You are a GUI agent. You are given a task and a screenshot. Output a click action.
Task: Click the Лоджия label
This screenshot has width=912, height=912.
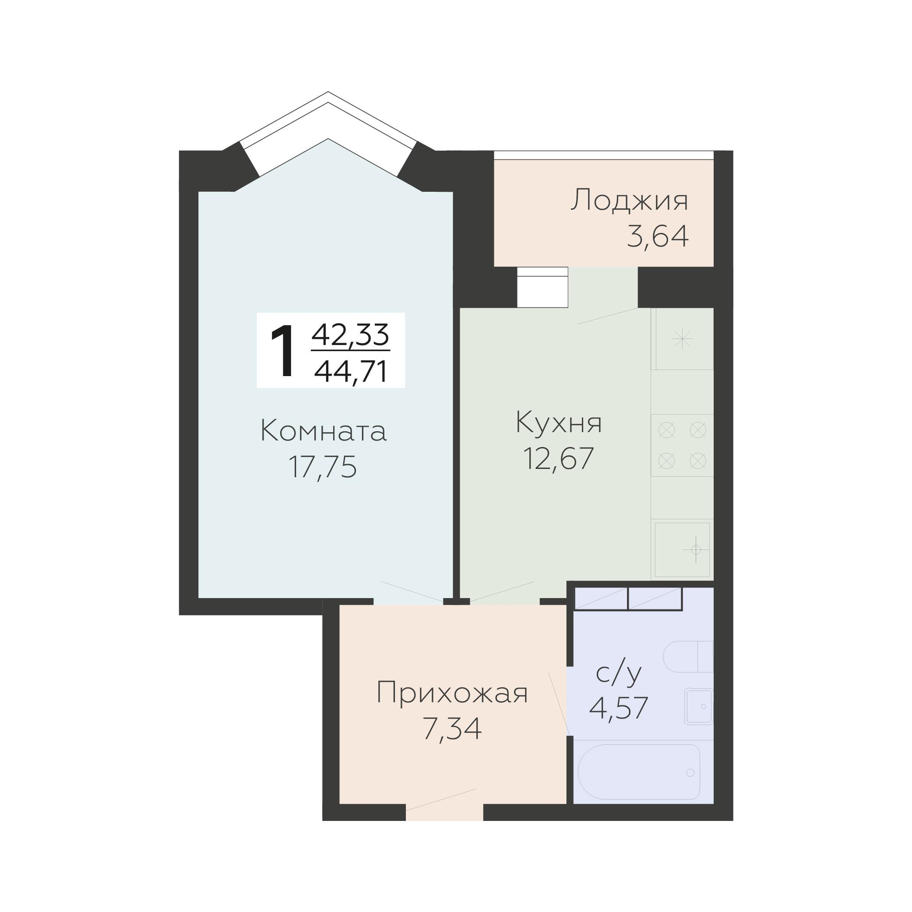(x=629, y=201)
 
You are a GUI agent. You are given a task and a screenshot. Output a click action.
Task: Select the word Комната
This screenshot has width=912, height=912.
(x=324, y=431)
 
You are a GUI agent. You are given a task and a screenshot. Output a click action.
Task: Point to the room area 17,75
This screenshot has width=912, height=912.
(x=322, y=467)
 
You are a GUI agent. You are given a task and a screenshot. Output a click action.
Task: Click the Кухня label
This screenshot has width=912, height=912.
(x=559, y=422)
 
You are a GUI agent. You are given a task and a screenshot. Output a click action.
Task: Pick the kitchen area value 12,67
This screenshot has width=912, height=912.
(x=558, y=458)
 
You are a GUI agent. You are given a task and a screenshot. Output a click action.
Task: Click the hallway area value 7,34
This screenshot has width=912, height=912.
(x=452, y=729)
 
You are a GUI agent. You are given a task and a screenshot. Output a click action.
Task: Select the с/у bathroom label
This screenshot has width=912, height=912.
(x=619, y=674)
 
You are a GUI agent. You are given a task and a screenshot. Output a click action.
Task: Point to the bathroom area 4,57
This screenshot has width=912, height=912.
(x=618, y=708)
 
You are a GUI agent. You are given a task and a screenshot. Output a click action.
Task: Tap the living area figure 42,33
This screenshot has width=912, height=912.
(x=350, y=335)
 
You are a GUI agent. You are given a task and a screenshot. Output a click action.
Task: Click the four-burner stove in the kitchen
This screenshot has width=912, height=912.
(x=682, y=445)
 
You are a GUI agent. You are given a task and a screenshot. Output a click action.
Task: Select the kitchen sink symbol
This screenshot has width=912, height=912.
(x=683, y=549)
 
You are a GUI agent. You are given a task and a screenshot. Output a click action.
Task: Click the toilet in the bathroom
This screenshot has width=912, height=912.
(x=688, y=657)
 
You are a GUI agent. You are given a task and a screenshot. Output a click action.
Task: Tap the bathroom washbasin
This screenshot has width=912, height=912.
(x=699, y=706)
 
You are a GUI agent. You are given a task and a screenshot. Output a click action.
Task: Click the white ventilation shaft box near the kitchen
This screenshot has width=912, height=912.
(x=542, y=287)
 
